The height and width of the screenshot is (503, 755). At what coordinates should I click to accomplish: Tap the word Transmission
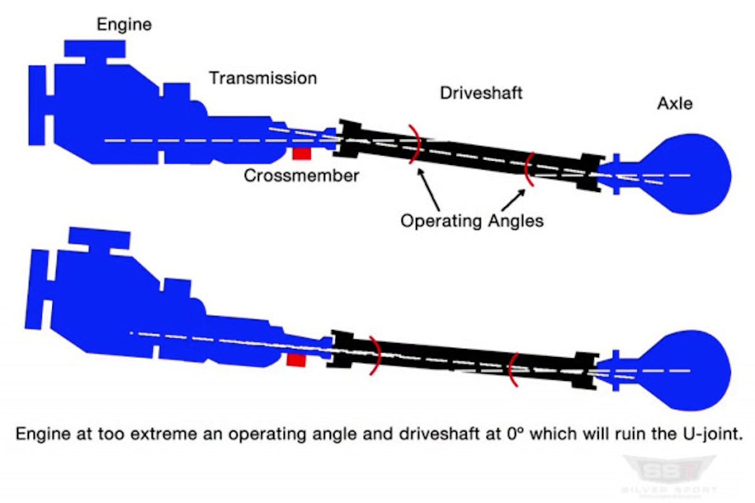[x=263, y=78]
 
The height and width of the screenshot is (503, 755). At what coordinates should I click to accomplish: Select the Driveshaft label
[x=481, y=93]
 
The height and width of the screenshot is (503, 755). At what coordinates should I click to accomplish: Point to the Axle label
[x=674, y=103]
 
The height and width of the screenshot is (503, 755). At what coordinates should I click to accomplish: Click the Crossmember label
[x=301, y=175]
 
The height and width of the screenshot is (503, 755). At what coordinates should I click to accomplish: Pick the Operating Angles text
[x=471, y=221]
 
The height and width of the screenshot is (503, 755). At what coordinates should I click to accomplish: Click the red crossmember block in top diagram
[x=303, y=152]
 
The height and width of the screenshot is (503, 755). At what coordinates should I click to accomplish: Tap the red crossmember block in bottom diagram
[x=296, y=360]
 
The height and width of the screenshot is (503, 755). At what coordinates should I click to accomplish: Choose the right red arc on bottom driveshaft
[x=513, y=370]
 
